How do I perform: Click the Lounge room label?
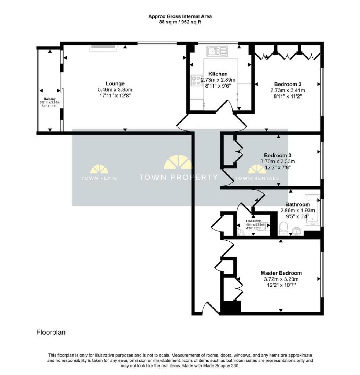(115, 84)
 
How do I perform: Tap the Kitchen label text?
(218, 74)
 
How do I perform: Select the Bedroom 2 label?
(288, 85)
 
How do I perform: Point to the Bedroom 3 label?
(278, 155)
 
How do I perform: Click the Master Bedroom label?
(281, 273)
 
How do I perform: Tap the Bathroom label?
(298, 204)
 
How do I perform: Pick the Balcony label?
(50, 99)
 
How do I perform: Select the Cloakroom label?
(254, 221)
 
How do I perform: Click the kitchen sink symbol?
(217, 51)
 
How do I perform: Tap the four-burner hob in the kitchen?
(196, 81)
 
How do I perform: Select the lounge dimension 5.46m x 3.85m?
(115, 90)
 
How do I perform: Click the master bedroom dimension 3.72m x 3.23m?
(281, 279)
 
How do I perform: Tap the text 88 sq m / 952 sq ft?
(180, 22)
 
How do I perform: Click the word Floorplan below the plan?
(51, 332)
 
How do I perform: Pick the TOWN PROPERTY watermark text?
(178, 177)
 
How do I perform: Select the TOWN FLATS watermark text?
(99, 178)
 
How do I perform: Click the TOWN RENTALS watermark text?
(257, 178)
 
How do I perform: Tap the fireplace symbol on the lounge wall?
(103, 48)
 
